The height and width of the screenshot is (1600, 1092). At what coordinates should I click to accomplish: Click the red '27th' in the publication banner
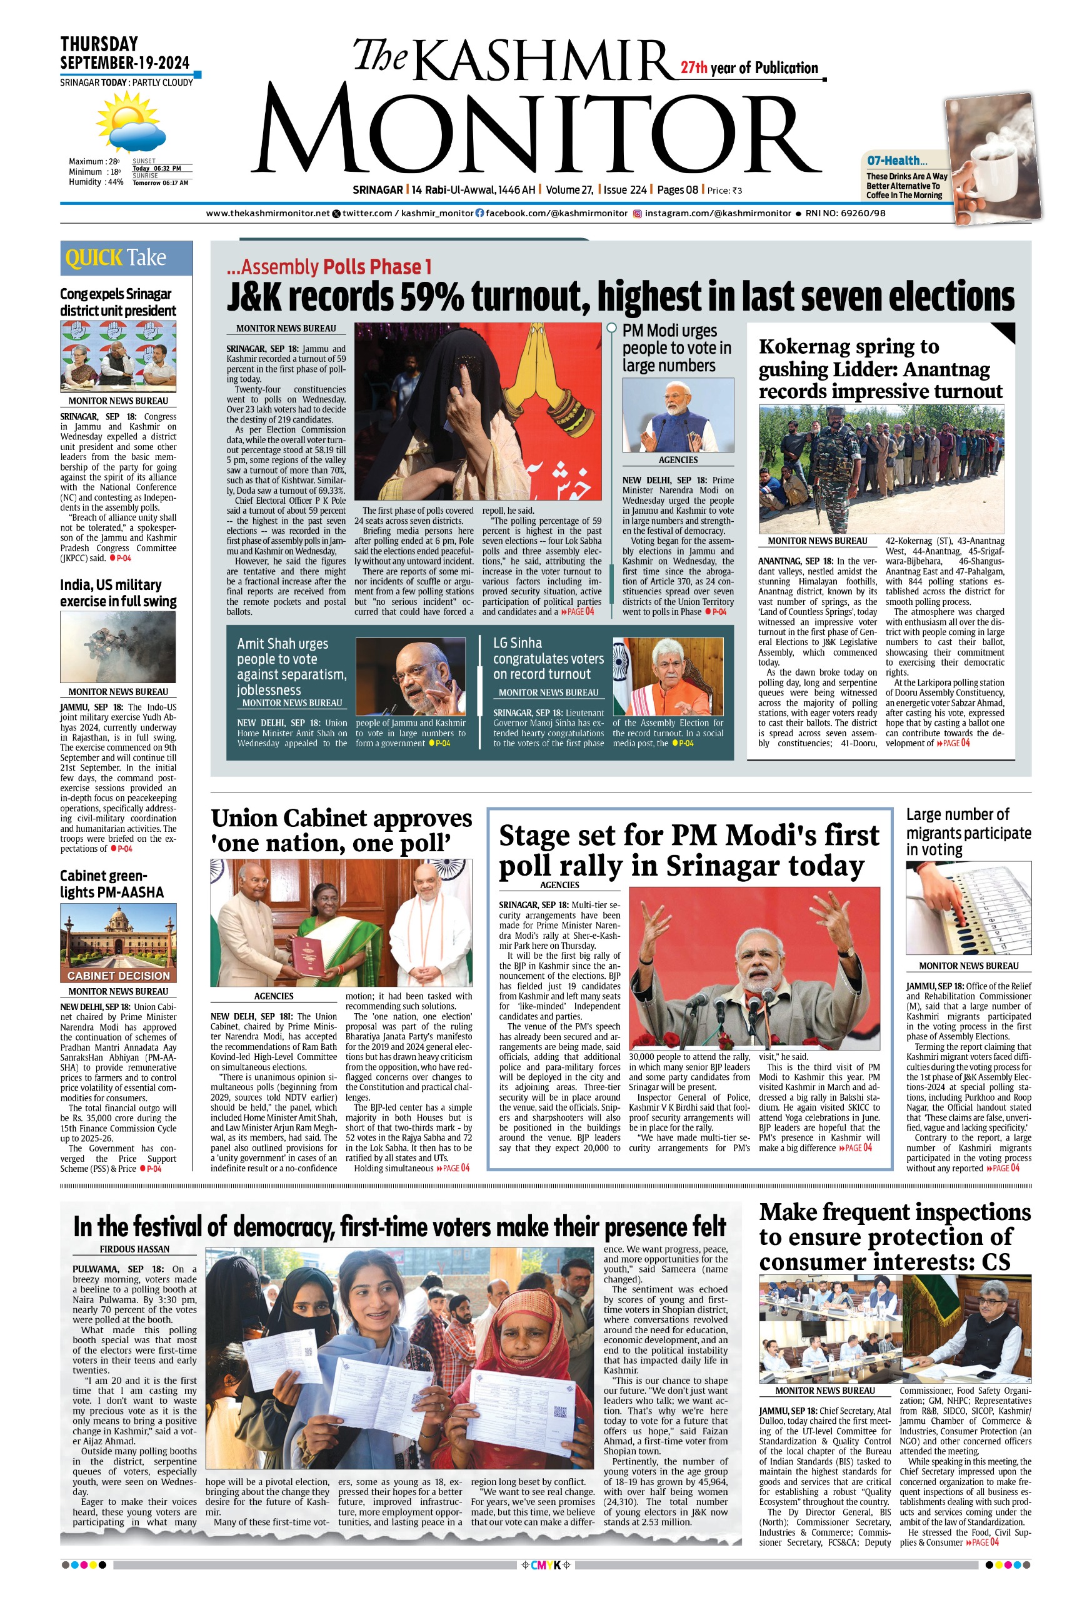[694, 67]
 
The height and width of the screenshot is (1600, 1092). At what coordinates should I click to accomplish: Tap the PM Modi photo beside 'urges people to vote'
[678, 416]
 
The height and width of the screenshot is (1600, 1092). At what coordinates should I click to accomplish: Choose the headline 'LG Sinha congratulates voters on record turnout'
[548, 658]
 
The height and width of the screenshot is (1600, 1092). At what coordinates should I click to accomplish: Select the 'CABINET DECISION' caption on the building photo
[118, 976]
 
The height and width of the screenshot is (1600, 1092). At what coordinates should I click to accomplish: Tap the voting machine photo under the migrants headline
[968, 908]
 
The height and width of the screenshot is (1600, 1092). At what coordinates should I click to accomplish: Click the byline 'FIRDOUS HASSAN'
[134, 1249]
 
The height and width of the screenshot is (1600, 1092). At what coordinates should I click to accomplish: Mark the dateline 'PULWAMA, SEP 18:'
[118, 1269]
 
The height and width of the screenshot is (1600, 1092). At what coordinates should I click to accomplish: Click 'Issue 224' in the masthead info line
[624, 190]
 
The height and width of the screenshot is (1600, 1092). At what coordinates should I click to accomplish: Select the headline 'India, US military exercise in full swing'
[118, 592]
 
